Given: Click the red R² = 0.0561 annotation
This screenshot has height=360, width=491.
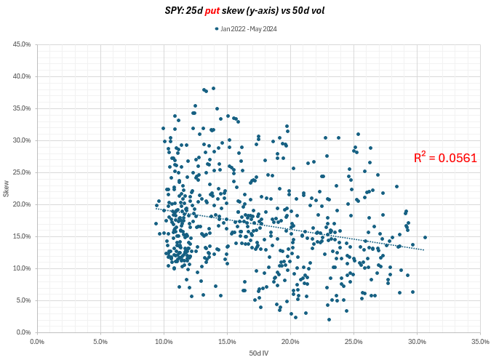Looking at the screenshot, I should (445, 157).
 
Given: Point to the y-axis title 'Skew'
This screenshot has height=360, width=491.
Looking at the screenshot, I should (7, 189).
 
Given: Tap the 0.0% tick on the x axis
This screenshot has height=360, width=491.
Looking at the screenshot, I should (37, 340).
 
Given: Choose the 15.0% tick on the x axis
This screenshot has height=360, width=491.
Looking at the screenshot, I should (227, 340).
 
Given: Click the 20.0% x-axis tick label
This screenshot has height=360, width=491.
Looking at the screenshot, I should (290, 340).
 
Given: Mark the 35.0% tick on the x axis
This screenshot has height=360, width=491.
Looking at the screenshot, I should (480, 340).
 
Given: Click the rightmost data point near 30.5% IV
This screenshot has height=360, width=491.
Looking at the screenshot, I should (425, 237).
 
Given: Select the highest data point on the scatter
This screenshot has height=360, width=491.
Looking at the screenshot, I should (213, 89).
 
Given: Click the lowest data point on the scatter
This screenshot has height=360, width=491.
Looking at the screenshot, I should (329, 319).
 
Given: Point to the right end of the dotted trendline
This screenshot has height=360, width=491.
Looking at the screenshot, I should (424, 250).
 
